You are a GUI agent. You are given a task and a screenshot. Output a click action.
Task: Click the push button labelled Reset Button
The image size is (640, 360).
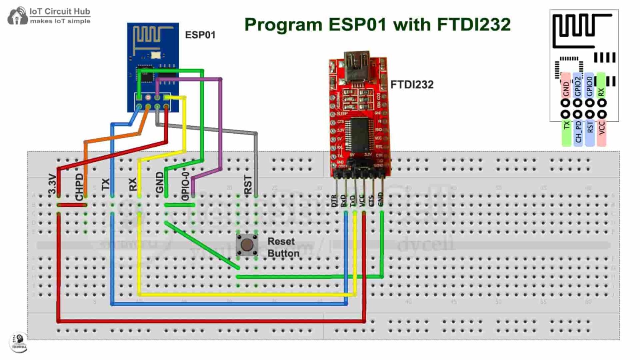pyautogui.click(x=247, y=245)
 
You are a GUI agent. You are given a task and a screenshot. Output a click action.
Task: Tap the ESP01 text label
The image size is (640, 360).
pyautogui.click(x=200, y=35)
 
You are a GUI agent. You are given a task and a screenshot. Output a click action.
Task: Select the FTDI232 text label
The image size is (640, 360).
pyautogui.click(x=412, y=85)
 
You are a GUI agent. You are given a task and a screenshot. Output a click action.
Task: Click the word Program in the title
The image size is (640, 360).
pyautogui.click(x=283, y=25)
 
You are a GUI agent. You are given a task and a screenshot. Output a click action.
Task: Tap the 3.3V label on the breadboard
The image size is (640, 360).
pyautogui.click(x=52, y=184)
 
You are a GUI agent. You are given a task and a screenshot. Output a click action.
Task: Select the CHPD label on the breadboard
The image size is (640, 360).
pyautogui.click(x=79, y=187)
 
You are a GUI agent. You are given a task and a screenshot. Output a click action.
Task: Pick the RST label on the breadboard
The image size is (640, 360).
pyautogui.click(x=248, y=184)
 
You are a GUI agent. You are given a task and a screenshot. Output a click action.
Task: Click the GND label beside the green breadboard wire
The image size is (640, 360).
pyautogui.click(x=160, y=182)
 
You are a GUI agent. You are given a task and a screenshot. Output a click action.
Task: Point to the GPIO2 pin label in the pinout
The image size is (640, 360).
pyautogui.click(x=577, y=87)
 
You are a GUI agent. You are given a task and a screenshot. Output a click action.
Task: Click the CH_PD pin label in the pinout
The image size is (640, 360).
pyautogui.click(x=578, y=132)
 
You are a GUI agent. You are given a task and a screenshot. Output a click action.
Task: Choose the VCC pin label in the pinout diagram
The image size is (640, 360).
pyautogui.click(x=601, y=127)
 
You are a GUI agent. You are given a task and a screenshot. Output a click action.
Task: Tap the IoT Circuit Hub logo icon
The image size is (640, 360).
pyautogui.click(x=17, y=16)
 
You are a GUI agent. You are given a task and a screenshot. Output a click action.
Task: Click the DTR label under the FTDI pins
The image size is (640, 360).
pyautogui.click(x=334, y=201)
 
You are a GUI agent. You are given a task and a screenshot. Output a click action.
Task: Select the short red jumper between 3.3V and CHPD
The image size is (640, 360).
pyautogui.click(x=72, y=205)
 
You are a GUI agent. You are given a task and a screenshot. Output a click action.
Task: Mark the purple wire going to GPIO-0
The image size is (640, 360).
pyautogui.click(x=220, y=125)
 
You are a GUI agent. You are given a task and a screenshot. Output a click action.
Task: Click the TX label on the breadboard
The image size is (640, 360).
pyautogui.click(x=106, y=184)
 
